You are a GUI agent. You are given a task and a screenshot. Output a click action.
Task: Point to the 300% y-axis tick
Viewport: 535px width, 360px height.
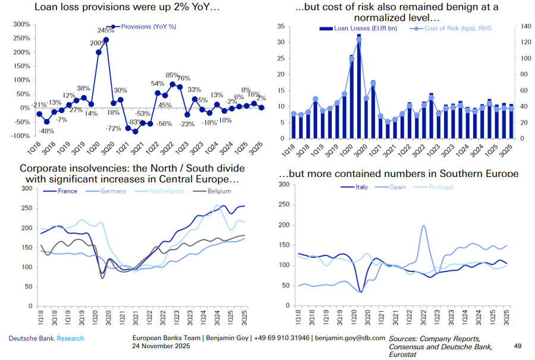21,24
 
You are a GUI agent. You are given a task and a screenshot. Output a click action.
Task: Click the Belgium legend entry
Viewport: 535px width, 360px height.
217,191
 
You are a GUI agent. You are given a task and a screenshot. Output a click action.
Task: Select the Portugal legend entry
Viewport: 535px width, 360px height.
440,187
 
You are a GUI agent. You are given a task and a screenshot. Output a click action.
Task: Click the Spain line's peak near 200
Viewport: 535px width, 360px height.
423,226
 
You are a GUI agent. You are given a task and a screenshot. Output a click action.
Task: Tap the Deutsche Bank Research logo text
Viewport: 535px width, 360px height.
46,339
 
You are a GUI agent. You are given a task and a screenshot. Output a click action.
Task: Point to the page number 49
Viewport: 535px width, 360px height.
517,346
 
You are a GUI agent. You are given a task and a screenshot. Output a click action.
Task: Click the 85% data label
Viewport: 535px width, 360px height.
172,75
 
